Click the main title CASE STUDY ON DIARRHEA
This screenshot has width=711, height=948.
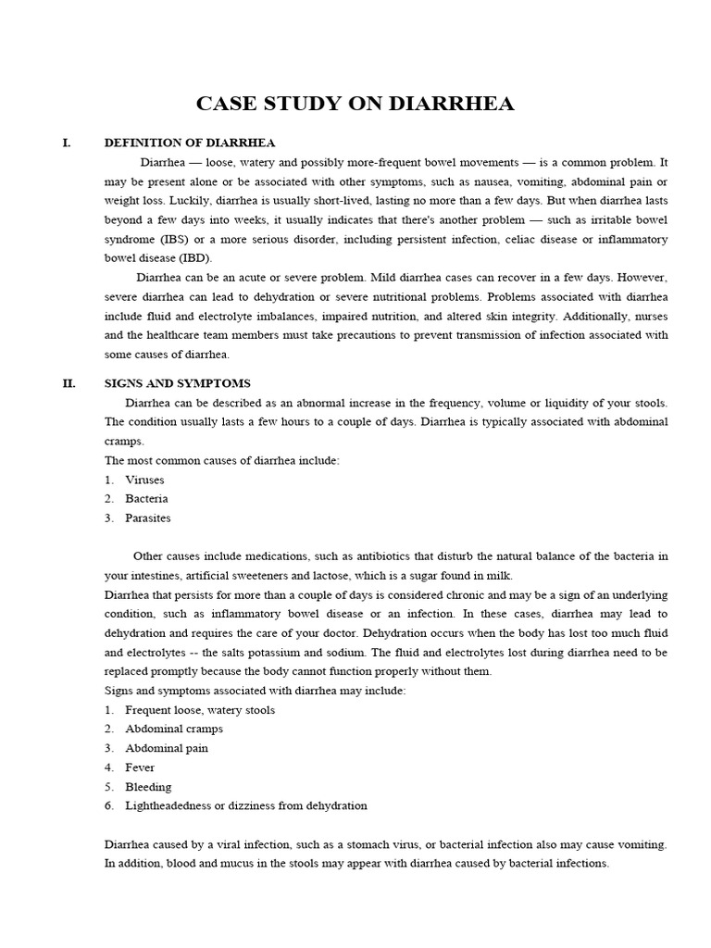355,104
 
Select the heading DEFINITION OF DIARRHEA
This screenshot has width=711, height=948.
190,142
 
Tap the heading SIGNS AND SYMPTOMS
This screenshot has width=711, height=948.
178,383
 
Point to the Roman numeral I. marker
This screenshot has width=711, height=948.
66,142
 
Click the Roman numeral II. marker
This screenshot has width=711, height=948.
69,383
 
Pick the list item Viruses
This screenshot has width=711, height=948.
143,480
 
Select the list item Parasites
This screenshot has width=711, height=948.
148,518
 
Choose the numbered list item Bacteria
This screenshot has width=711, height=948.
146,499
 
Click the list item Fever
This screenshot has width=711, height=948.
140,767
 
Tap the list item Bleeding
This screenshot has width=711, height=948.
148,787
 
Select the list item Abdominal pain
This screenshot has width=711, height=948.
167,748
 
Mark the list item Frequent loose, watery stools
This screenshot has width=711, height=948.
200,710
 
